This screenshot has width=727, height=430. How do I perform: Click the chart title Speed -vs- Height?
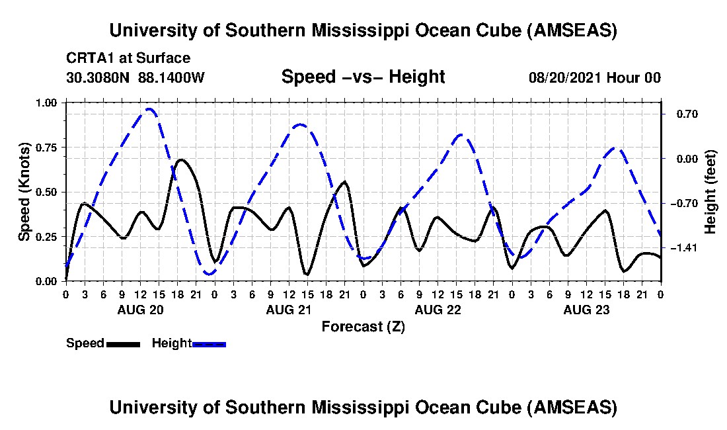(x=363, y=77)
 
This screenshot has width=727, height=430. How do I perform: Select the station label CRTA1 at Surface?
(x=128, y=59)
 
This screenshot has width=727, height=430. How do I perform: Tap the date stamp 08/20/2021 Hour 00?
(x=594, y=77)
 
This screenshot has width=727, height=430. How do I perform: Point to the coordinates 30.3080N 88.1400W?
(x=135, y=77)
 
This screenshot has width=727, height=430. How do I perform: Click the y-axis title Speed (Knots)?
(x=24, y=192)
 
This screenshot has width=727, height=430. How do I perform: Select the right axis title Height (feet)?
(x=710, y=192)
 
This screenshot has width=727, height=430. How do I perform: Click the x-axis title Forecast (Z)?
(x=363, y=326)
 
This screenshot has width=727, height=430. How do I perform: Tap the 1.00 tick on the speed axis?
(x=47, y=103)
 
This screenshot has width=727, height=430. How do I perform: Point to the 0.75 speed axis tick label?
(x=47, y=148)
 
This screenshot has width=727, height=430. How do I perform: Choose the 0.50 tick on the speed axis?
(x=47, y=192)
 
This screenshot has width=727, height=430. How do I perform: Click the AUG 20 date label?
(x=139, y=310)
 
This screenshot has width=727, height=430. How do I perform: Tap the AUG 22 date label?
(x=437, y=310)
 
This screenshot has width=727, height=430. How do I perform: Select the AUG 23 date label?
(x=586, y=310)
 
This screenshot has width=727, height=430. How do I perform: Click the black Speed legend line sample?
(x=123, y=344)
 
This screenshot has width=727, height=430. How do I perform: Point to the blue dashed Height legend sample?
(x=210, y=344)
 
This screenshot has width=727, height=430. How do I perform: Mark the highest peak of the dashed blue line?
(x=150, y=109)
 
